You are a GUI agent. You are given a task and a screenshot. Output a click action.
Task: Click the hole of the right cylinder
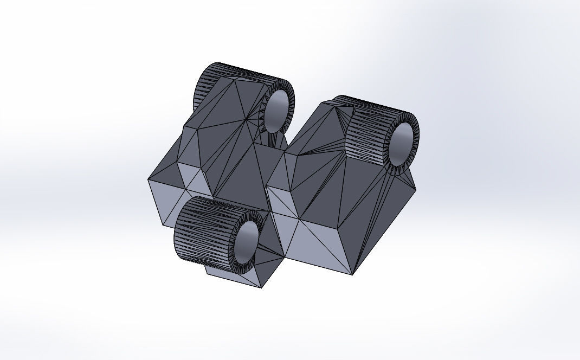[402, 144]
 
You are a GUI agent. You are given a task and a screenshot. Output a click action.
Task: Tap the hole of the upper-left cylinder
[278, 111]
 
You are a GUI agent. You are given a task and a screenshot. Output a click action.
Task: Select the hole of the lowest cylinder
[248, 241]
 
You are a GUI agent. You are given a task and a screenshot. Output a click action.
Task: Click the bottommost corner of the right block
[353, 274]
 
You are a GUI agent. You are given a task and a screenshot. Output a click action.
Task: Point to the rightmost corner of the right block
[416, 189]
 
